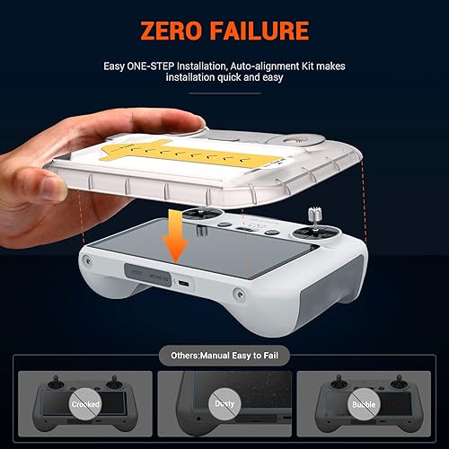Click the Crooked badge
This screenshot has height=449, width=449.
point(78,404)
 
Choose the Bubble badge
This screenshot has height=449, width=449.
point(370,404)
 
